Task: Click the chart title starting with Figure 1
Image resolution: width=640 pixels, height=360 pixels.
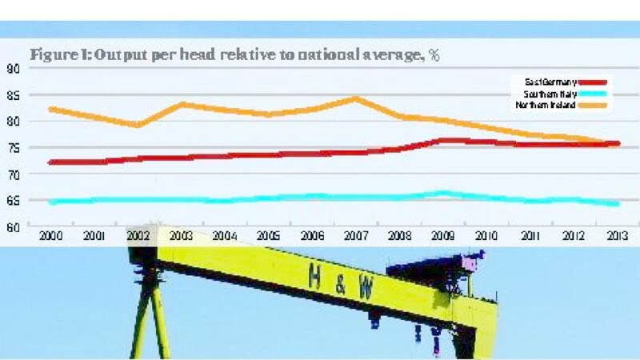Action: [235, 56]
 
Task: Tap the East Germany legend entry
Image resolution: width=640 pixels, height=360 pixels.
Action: [551, 82]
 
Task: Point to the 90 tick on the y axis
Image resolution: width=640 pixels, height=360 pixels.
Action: [14, 68]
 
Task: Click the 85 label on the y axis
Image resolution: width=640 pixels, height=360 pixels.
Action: [14, 95]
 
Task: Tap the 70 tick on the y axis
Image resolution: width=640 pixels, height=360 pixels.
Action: [14, 174]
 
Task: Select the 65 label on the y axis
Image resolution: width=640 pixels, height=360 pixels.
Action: [14, 201]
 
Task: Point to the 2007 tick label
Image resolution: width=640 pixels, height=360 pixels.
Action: [354, 236]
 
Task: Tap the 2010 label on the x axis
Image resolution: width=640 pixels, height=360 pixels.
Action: [485, 236]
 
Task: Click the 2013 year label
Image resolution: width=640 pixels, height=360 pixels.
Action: [614, 236]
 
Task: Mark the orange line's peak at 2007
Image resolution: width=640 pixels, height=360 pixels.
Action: [355, 98]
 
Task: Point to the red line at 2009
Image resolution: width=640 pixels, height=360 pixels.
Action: [442, 141]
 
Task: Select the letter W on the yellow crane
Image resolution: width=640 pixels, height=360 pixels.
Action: [365, 290]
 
